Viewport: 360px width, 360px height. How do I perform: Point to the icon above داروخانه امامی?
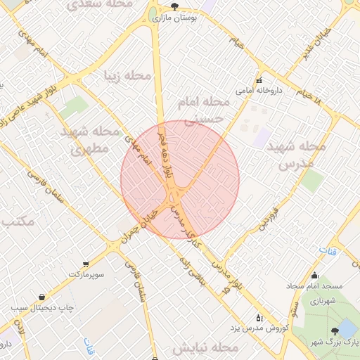click(259, 79)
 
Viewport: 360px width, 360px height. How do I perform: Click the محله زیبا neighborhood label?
click(128, 75)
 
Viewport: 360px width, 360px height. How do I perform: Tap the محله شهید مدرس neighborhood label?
click(303, 155)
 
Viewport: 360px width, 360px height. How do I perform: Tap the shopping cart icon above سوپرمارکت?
click(86, 264)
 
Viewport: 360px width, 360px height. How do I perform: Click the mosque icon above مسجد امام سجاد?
click(314, 276)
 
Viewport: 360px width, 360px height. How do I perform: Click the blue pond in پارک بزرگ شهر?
click(347, 328)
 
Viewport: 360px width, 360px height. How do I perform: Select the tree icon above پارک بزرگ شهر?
click(333, 330)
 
